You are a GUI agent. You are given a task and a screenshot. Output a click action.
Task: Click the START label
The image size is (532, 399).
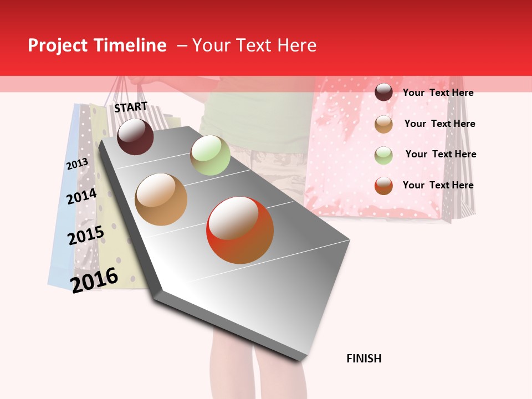point(131,107)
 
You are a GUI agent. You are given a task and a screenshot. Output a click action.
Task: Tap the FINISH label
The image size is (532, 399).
point(364,359)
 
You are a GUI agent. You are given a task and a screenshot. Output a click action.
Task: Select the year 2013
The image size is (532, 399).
point(77,164)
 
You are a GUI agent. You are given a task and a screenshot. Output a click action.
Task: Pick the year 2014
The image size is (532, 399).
point(81,196)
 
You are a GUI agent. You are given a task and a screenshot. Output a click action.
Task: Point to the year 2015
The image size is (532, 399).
point(86,236)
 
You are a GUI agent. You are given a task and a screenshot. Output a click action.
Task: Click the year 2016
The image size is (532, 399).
point(94,280)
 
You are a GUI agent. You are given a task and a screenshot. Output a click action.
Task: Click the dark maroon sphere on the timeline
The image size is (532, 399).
point(135,136)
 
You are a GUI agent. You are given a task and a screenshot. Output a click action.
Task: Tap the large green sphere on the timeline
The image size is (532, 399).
point(210,155)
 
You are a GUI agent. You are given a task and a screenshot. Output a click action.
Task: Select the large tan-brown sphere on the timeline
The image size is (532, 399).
point(161,199)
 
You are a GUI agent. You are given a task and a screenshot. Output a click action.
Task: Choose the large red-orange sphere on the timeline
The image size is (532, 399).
point(240,230)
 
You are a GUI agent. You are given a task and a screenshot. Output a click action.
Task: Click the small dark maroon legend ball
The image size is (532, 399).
point(383,93)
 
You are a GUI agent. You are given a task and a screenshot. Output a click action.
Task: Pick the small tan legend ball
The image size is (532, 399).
point(383,124)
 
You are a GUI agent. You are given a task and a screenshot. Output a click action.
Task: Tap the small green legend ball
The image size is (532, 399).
point(383,155)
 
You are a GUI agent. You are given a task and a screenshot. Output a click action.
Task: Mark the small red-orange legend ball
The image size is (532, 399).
point(383,186)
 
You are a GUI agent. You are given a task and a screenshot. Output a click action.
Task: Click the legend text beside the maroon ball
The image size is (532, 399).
point(438,93)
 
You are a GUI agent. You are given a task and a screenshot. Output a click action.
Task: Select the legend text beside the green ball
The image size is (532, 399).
point(441,154)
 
